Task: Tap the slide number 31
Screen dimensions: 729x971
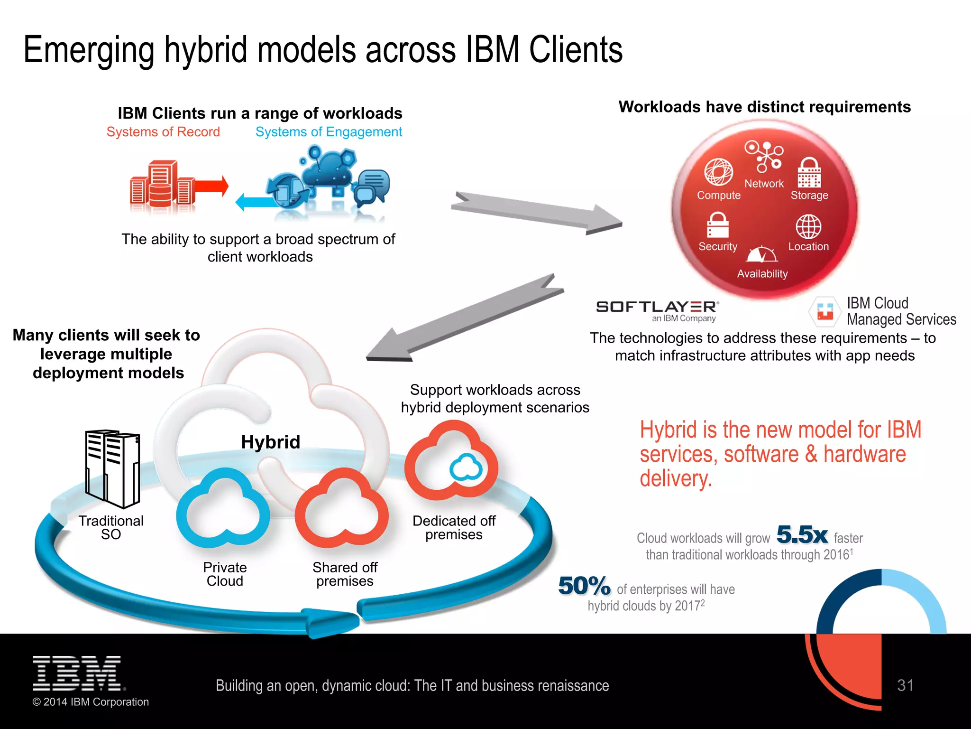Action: pyautogui.click(x=905, y=685)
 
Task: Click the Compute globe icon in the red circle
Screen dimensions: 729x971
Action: pyautogui.click(x=718, y=172)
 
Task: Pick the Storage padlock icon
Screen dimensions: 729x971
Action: pyautogui.click(x=809, y=173)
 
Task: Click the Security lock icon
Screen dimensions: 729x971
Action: pyautogui.click(x=718, y=224)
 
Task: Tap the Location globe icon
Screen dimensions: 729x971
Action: pyautogui.click(x=808, y=226)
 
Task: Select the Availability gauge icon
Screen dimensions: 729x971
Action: pyautogui.click(x=762, y=254)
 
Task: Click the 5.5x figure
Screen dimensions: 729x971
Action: pyautogui.click(x=802, y=535)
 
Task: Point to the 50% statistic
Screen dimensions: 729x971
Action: pyautogui.click(x=584, y=586)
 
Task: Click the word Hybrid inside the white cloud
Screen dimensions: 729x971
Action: pyautogui.click(x=270, y=442)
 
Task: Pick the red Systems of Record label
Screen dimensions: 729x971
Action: pyautogui.click(x=163, y=132)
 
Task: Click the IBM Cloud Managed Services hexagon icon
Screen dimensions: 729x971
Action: pyautogui.click(x=825, y=311)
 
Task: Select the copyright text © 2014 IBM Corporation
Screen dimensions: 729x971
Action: pyautogui.click(x=91, y=702)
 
